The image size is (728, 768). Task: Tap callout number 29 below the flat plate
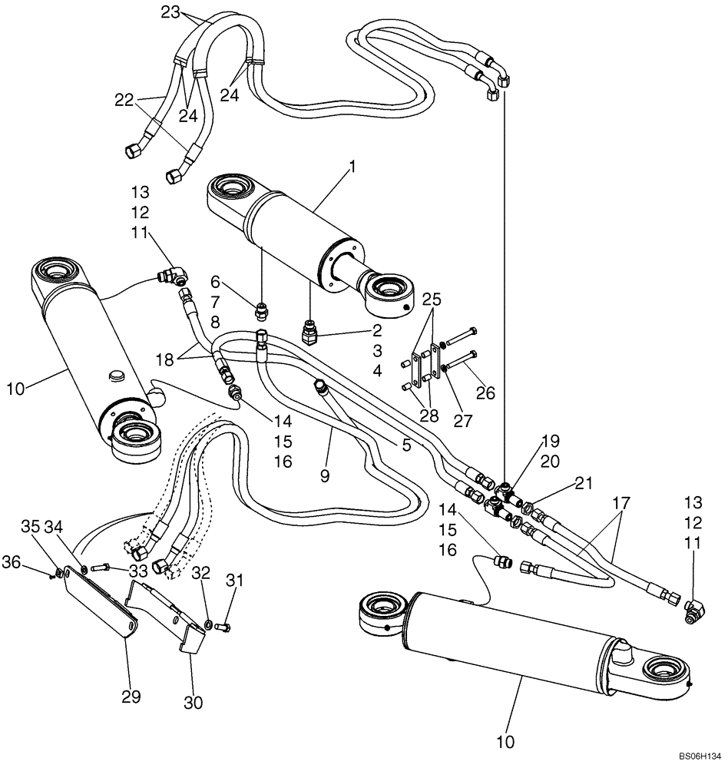click(x=131, y=697)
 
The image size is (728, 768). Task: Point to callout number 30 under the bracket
click(x=193, y=702)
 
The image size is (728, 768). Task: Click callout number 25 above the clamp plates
click(x=432, y=296)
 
